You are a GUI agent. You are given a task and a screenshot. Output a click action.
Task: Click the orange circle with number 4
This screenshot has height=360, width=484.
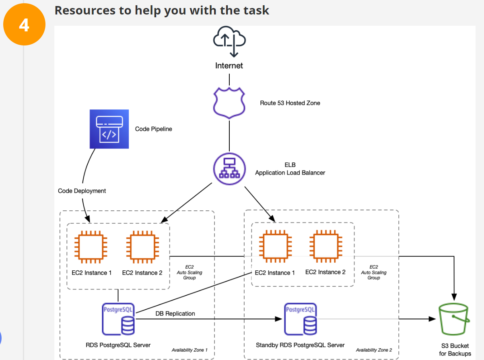(x=24, y=25)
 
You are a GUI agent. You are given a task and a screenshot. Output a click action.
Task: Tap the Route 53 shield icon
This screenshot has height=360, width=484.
(x=229, y=103)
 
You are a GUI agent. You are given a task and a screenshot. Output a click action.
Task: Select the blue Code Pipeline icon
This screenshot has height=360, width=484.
(x=109, y=129)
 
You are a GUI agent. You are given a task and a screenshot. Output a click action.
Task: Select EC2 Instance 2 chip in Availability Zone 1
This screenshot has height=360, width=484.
(x=142, y=247)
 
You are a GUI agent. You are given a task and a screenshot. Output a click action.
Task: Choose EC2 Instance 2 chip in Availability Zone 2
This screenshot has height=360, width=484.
(x=325, y=246)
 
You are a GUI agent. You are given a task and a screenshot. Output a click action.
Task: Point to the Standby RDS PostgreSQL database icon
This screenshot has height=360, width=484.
(x=301, y=319)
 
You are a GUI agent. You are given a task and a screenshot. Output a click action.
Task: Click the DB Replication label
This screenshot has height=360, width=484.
(x=175, y=313)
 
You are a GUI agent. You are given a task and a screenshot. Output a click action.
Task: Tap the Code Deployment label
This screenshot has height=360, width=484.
(x=82, y=191)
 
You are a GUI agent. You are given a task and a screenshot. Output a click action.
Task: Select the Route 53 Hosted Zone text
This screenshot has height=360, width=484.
(x=290, y=103)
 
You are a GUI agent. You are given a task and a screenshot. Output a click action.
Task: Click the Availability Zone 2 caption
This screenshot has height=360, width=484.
(x=374, y=350)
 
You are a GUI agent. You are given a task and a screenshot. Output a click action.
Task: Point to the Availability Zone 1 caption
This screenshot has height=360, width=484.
(x=189, y=350)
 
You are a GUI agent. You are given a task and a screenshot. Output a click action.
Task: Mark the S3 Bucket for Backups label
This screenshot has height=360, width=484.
(x=455, y=350)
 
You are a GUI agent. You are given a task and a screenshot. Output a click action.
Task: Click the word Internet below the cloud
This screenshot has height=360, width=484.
(x=229, y=66)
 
